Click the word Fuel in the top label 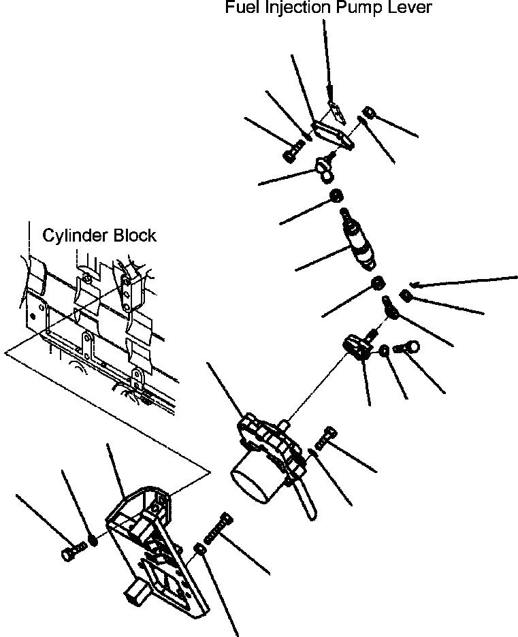(240, 8)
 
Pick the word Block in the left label (133, 235)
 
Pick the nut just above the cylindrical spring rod (335, 197)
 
